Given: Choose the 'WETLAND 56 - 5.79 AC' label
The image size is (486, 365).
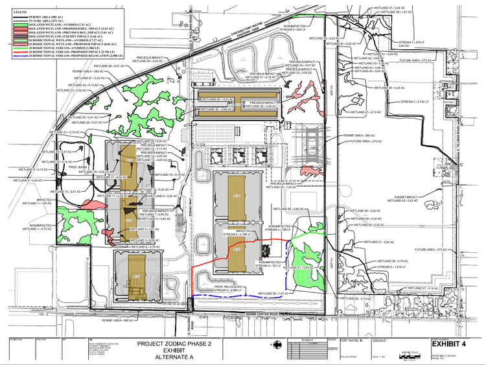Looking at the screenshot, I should [x=388, y=261].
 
